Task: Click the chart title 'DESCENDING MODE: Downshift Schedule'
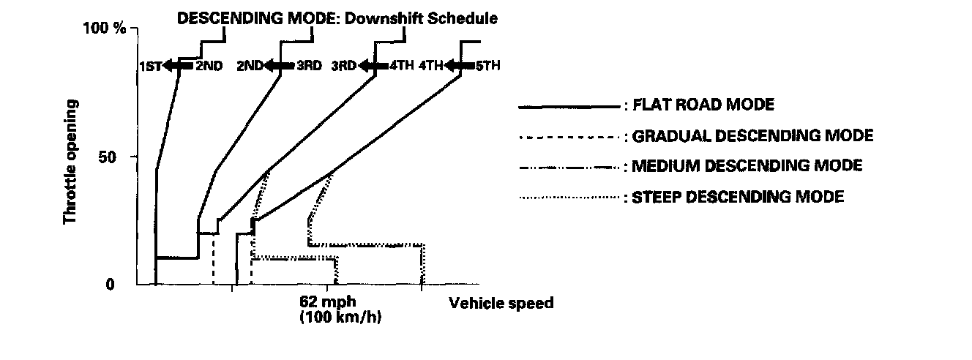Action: pyautogui.click(x=337, y=19)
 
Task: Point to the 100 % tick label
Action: pyautogui.click(x=106, y=29)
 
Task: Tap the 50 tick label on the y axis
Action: pyautogui.click(x=116, y=157)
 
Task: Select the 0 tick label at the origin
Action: pyautogui.click(x=110, y=284)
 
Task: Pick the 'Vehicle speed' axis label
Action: pyautogui.click(x=501, y=303)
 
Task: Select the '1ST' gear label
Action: pyautogui.click(x=150, y=67)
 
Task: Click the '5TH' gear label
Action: pyautogui.click(x=487, y=67)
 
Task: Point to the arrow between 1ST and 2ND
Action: pyautogui.click(x=179, y=67)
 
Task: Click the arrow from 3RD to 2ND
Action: pyautogui.click(x=279, y=67)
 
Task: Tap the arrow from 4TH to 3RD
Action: pyautogui.click(x=373, y=67)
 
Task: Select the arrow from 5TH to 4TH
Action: pyautogui.click(x=460, y=67)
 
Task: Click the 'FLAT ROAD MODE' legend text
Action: pyautogui.click(x=703, y=105)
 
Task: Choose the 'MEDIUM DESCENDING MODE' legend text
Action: pyautogui.click(x=747, y=166)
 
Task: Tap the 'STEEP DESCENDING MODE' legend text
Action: pyautogui.click(x=739, y=197)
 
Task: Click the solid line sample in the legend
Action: pyautogui.click(x=569, y=107)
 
